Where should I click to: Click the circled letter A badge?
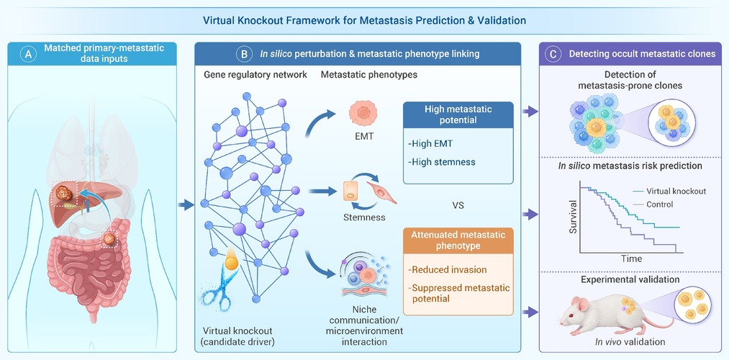29,55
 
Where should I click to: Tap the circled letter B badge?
245,55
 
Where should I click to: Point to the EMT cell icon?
363,114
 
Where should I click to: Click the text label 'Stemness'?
364,217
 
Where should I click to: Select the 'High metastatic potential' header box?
458,115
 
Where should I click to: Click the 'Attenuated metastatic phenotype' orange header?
458,240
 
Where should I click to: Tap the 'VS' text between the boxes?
458,205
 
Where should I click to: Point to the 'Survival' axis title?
572,217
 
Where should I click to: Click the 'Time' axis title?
632,258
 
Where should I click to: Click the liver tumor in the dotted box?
64,193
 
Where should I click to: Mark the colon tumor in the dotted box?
109,239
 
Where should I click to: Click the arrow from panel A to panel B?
186,204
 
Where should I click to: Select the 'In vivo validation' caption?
630,342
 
